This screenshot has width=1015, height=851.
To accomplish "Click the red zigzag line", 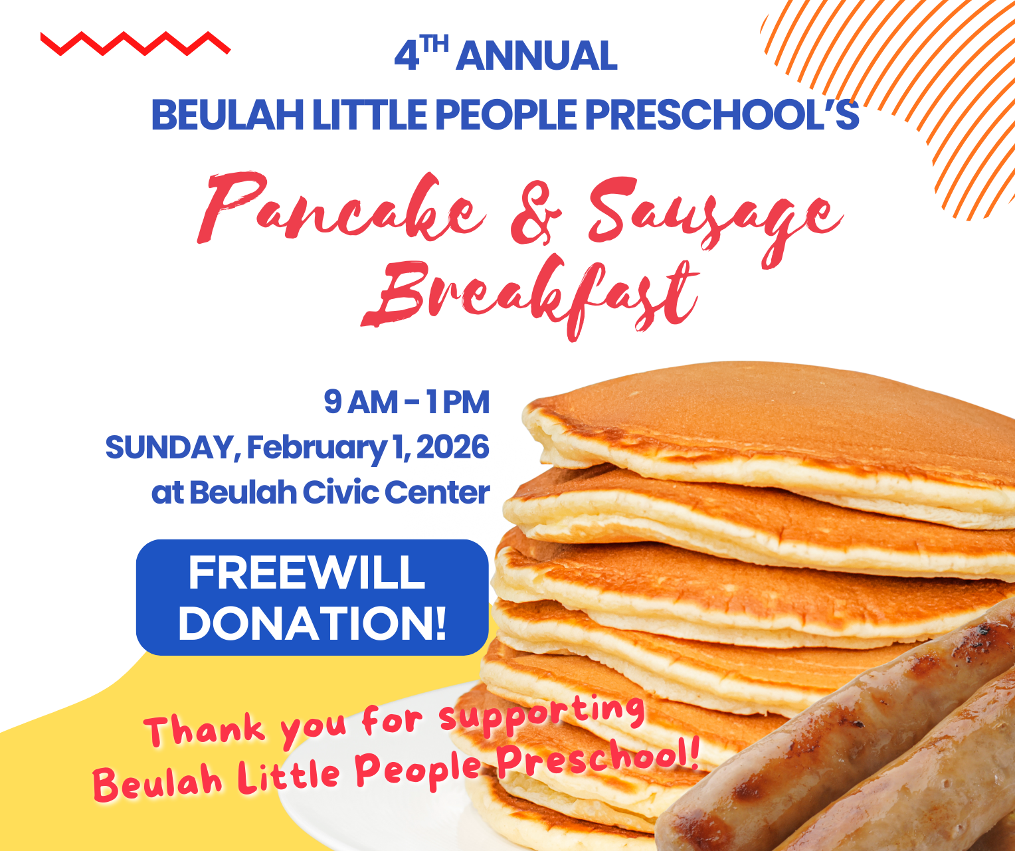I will pos(135,44).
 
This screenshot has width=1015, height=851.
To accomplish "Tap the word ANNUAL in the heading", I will pos(537,56).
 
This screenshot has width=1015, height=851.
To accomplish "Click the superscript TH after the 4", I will pos(435,45).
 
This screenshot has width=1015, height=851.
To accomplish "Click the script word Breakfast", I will pos(531,296).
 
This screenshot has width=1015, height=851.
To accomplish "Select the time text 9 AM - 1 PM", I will pos(407,403).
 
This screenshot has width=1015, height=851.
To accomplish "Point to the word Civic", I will pos(339,493).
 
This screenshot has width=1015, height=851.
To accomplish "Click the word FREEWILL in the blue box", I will pos(306,573).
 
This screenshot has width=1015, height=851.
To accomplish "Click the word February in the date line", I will pos(316,448).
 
